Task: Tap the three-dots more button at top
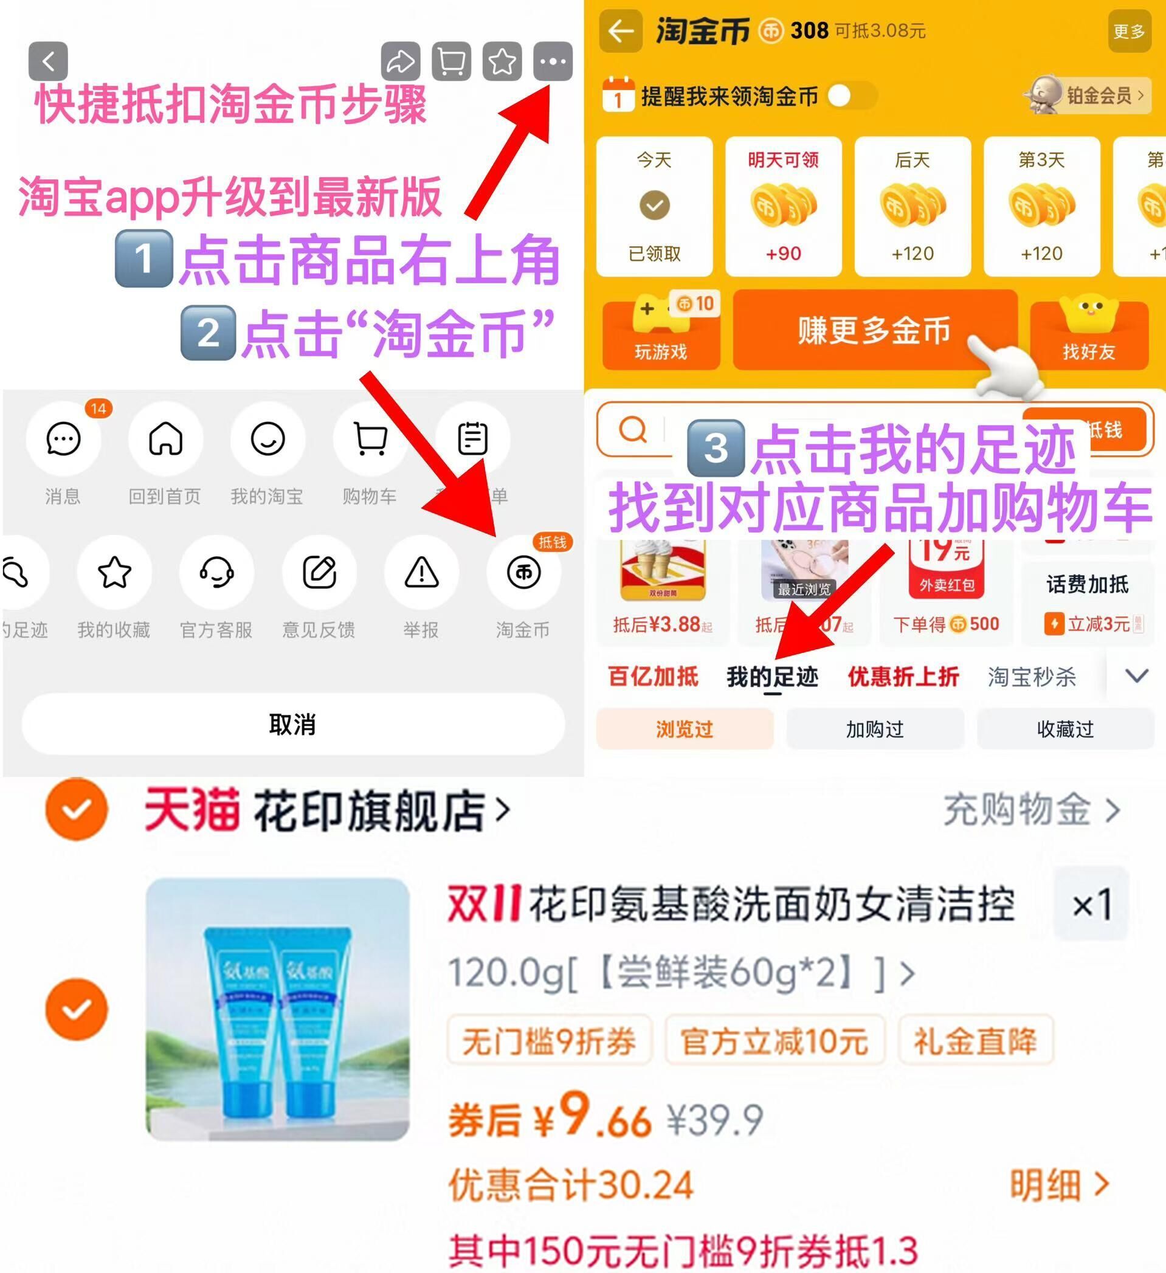coord(553,62)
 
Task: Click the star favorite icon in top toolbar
coord(502,62)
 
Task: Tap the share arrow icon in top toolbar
coord(400,62)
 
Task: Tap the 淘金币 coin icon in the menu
coord(523,573)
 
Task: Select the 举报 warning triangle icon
coord(421,573)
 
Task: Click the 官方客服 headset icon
coord(216,573)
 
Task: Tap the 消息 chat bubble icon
coord(63,439)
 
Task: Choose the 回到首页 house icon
coord(165,439)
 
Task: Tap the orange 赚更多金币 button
coord(874,330)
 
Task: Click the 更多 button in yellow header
coord(1129,32)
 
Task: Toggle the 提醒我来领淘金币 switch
coord(852,96)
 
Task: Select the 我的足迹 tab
coord(772,677)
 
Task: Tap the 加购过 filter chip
coord(875,730)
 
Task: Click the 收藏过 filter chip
coord(1065,730)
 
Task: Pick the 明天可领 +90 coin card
coord(784,207)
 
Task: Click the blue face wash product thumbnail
coord(278,1009)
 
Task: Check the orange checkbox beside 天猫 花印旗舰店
coord(77,809)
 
